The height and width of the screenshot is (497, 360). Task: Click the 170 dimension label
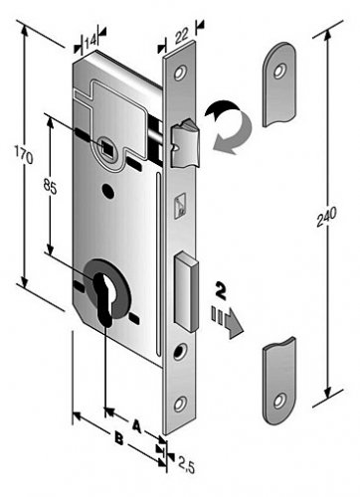pos(24,153)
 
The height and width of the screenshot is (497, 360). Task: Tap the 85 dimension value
pos(50,188)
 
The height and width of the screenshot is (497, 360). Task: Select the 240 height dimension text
pos(326,217)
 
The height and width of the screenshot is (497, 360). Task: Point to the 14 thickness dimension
pos(90,42)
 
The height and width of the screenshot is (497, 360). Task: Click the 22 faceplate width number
pos(182,36)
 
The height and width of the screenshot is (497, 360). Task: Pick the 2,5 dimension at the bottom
pos(187,464)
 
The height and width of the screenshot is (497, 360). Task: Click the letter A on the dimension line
pos(136,425)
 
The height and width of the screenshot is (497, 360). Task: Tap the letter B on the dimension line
pos(119,439)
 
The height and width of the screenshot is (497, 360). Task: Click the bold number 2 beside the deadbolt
pos(221,291)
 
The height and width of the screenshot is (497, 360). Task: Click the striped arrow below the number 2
pos(228,320)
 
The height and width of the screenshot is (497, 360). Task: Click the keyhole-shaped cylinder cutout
pos(106,298)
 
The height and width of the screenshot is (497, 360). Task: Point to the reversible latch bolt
pos(185,143)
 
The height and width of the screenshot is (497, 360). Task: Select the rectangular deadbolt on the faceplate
pos(186,291)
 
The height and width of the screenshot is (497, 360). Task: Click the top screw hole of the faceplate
pos(181,73)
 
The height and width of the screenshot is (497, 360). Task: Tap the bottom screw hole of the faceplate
pos(181,405)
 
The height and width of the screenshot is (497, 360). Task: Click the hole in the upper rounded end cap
pos(279,72)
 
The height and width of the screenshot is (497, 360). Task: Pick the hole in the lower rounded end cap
pos(278,401)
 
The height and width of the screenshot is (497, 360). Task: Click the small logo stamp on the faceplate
pos(180,206)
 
